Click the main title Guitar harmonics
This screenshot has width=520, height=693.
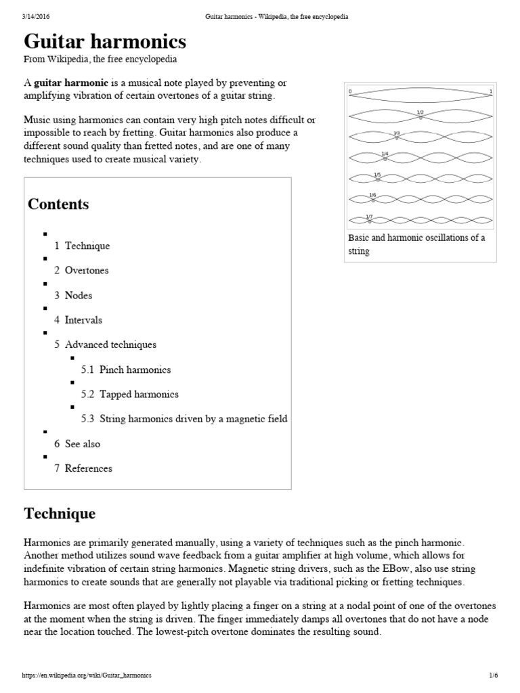[x=105, y=42]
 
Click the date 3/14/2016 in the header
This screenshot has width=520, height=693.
[x=36, y=16]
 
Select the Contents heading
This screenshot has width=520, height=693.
[x=58, y=204]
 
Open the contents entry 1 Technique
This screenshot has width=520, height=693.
[x=82, y=246]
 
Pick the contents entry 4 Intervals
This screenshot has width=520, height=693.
[x=78, y=320]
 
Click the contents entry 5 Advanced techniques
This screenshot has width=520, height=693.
[x=105, y=344]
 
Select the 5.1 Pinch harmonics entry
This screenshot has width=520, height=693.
[x=126, y=370]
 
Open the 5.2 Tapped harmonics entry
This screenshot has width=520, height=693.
[x=129, y=394]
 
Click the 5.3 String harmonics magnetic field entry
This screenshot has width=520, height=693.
[x=184, y=419]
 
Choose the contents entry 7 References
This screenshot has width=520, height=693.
[x=83, y=468]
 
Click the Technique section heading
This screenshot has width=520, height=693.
[x=60, y=514]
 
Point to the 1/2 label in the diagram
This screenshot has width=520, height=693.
[x=420, y=112]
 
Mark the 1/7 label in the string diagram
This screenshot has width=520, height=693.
[x=369, y=217]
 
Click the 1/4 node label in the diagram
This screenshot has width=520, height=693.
[x=385, y=154]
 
